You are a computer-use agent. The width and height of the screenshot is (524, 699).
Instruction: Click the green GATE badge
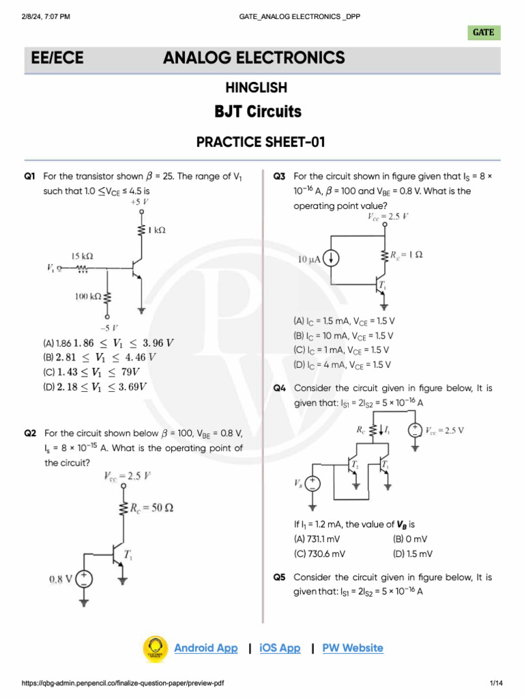click(x=484, y=32)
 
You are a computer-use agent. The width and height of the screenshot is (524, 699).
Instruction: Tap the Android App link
click(x=205, y=648)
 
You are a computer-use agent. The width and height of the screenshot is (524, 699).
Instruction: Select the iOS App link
click(x=280, y=648)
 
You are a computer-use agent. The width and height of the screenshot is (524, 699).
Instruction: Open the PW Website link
click(x=353, y=648)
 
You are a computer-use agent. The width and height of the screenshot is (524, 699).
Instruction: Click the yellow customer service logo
click(x=156, y=648)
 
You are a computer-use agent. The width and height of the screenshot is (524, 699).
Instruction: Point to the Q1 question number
click(x=29, y=176)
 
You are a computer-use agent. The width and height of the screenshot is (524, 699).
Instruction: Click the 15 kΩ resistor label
click(x=83, y=256)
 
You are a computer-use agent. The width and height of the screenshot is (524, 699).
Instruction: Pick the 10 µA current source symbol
click(x=332, y=259)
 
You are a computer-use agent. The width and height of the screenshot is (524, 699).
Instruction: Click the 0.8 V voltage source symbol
click(x=83, y=580)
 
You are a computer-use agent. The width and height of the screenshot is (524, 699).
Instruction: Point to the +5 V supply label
click(x=140, y=203)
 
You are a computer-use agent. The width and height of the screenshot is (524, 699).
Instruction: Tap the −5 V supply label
click(x=107, y=327)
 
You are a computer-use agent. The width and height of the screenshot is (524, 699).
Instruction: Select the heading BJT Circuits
click(x=257, y=111)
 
